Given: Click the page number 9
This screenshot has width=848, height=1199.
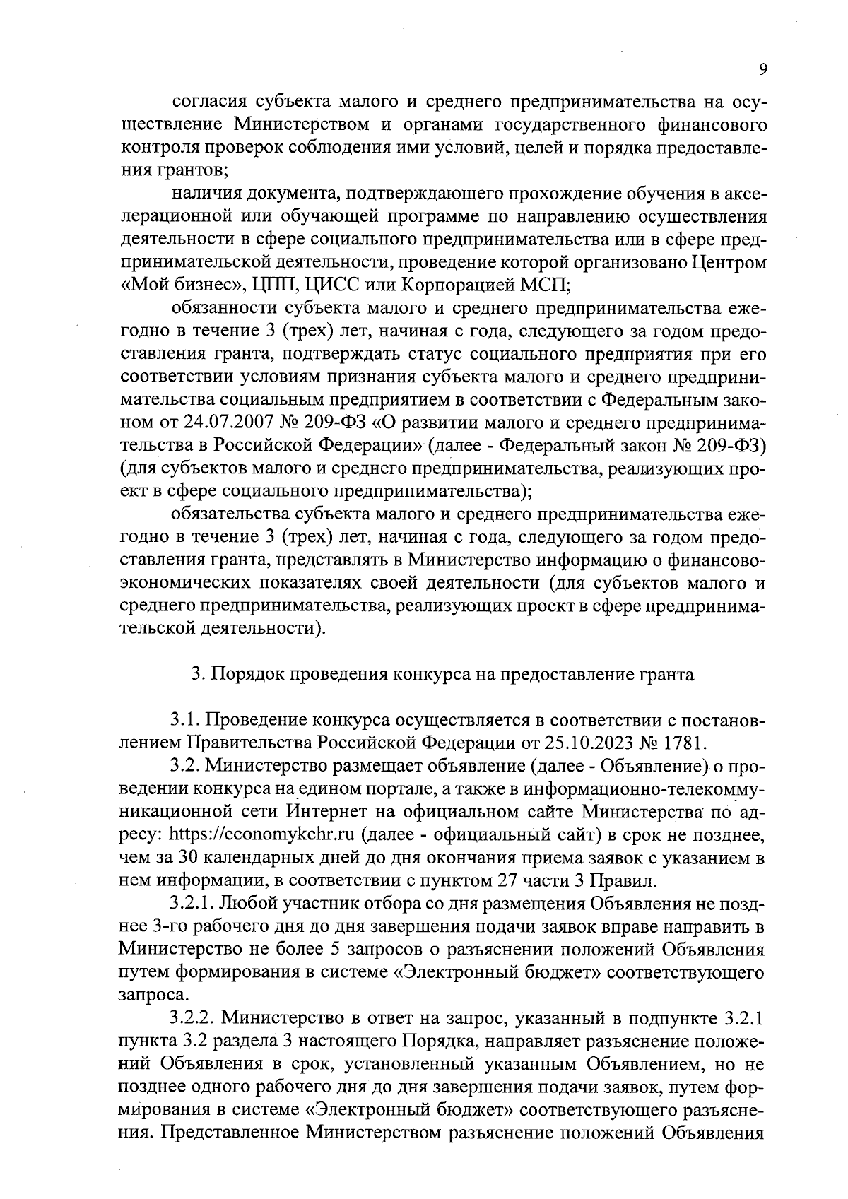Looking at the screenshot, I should click(x=762, y=69).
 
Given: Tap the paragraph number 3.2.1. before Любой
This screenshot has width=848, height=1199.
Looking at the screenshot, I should click(x=192, y=903).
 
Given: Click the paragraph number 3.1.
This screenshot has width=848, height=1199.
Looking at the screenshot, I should click(x=184, y=720).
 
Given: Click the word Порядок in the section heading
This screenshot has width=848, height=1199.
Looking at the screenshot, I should click(x=244, y=674).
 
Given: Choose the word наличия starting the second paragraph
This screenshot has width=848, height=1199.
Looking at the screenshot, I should click(x=202, y=194).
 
